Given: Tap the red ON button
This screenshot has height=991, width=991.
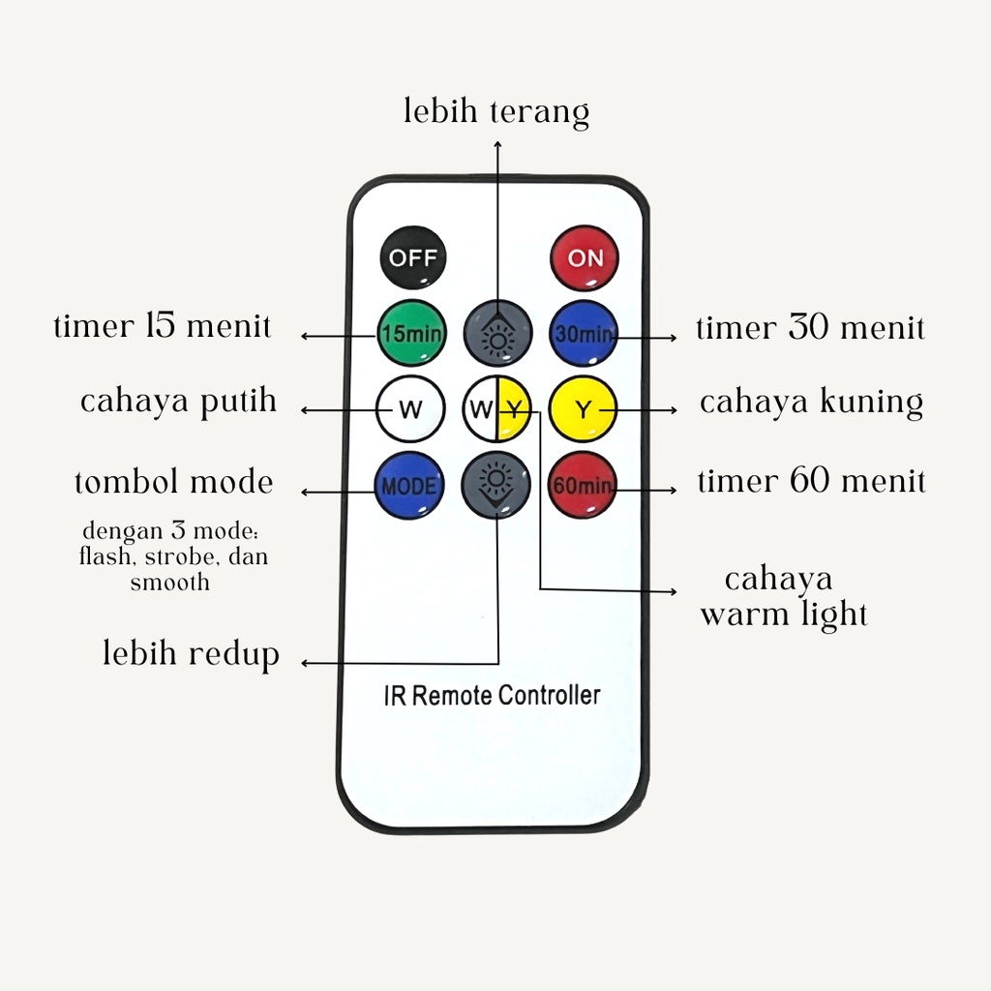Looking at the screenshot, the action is pyautogui.click(x=585, y=257).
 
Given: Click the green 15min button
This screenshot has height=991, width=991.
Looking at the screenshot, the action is pyautogui.click(x=411, y=333).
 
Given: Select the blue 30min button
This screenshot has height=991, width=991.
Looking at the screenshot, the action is pyautogui.click(x=583, y=333).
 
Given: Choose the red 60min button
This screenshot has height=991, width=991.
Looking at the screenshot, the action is pyautogui.click(x=582, y=485).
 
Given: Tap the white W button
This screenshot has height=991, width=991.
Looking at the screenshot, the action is pyautogui.click(x=410, y=409).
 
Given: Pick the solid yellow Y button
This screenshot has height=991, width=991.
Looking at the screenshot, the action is pyautogui.click(x=583, y=409).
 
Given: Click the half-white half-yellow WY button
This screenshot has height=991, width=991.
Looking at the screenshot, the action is pyautogui.click(x=496, y=409).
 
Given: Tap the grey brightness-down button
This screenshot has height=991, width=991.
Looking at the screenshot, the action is pyautogui.click(x=496, y=485).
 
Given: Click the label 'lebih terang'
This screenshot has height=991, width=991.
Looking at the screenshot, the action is pyautogui.click(x=496, y=112).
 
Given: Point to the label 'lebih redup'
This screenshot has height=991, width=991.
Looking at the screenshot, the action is pyautogui.click(x=191, y=653).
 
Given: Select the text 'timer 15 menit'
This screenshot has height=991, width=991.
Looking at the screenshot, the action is pyautogui.click(x=163, y=326).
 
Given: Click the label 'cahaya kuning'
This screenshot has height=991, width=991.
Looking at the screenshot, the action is pyautogui.click(x=812, y=402).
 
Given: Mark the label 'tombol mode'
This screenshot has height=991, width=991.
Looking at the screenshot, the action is pyautogui.click(x=174, y=482).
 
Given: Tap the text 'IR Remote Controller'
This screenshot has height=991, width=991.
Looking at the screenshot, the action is pyautogui.click(x=493, y=695).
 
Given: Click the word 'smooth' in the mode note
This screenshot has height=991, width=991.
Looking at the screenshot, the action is pyautogui.click(x=170, y=582).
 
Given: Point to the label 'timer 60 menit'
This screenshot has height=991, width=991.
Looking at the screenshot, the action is pyautogui.click(x=812, y=481).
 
